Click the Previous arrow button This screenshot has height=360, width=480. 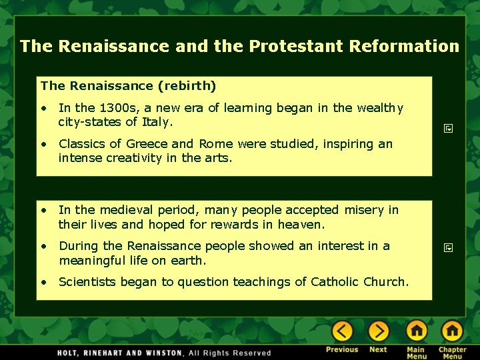343,331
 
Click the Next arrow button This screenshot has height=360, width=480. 378,331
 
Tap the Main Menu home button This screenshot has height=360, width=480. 417,331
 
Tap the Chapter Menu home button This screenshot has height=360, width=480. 452,331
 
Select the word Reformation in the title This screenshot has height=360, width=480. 405,47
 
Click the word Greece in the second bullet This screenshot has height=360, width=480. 147,144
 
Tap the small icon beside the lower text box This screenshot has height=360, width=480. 449,248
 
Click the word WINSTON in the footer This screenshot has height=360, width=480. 163,353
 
